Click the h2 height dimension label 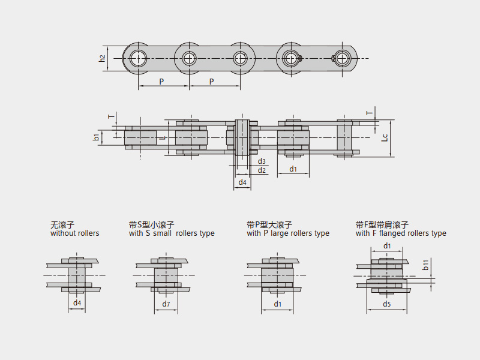click(x=103, y=58)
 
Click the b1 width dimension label click(x=96, y=137)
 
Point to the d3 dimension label click(x=262, y=161)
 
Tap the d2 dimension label click(x=262, y=170)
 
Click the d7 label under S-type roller click(x=166, y=304)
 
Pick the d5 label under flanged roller click(x=387, y=304)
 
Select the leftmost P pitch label click(x=161, y=81)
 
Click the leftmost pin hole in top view click(x=138, y=58)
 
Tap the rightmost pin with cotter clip click(x=342, y=58)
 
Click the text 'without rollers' click(x=75, y=233)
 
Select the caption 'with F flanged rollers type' click(x=401, y=233)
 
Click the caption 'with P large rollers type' click(x=288, y=233)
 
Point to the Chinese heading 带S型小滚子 click(x=151, y=224)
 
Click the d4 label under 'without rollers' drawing click(x=77, y=304)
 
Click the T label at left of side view click(x=109, y=117)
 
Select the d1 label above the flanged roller click(x=387, y=246)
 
